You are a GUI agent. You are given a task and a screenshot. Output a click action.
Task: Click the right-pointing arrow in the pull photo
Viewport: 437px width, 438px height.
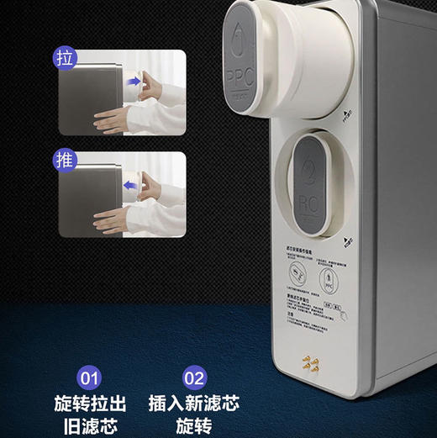pyautogui.click(x=134, y=82)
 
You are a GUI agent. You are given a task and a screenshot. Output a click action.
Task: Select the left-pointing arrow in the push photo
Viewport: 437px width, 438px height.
pyautogui.click(x=132, y=184)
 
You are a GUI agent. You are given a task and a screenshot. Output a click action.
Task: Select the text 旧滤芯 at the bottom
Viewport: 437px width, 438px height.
pyautogui.click(x=88, y=425)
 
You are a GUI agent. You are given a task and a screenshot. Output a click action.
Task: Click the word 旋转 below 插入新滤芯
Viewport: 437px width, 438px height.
pyautogui.click(x=193, y=425)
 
